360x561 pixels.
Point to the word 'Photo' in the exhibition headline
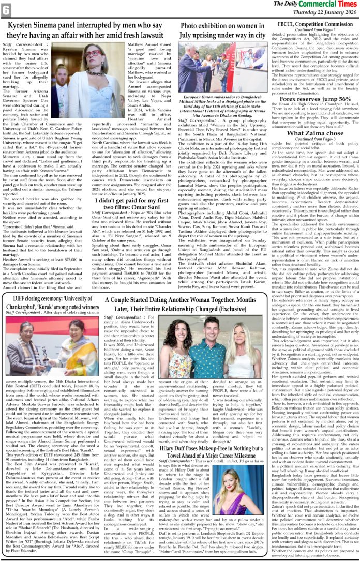192,25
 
